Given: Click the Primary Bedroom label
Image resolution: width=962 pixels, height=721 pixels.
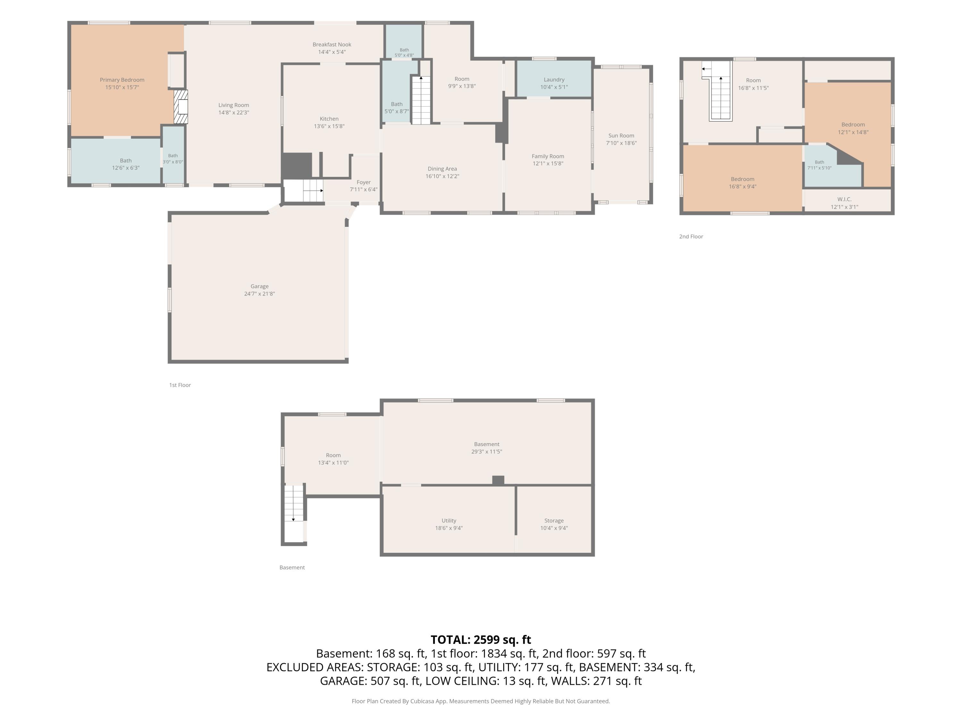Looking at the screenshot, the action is pyautogui.click(x=122, y=80).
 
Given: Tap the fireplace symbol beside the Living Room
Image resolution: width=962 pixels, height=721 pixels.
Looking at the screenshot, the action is pyautogui.click(x=181, y=107).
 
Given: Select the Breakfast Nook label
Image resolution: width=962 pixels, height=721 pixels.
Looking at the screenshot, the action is pyautogui.click(x=332, y=44).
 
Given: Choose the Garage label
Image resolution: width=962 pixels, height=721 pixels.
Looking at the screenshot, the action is pyautogui.click(x=260, y=286).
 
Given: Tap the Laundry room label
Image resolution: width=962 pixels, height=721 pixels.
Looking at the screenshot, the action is pyautogui.click(x=554, y=79).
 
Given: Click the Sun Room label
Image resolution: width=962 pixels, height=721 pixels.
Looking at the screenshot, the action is pyautogui.click(x=621, y=136).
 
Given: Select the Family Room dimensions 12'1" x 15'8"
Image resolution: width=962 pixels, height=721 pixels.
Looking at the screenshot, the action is pyautogui.click(x=548, y=164).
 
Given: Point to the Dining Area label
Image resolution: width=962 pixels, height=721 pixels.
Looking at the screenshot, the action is pyautogui.click(x=442, y=169).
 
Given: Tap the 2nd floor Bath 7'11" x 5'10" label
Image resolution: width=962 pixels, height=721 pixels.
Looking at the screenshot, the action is pyautogui.click(x=819, y=165).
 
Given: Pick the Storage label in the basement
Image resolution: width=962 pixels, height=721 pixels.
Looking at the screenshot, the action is pyautogui.click(x=554, y=521).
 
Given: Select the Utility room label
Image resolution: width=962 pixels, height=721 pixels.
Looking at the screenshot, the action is pyautogui.click(x=449, y=521).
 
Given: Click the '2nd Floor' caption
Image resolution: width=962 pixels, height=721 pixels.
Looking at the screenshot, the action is pyautogui.click(x=691, y=236).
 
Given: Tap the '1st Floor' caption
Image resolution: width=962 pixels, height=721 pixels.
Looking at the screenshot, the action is pyautogui.click(x=180, y=385).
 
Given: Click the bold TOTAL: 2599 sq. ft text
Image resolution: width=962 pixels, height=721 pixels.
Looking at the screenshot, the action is pyautogui.click(x=481, y=640).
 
